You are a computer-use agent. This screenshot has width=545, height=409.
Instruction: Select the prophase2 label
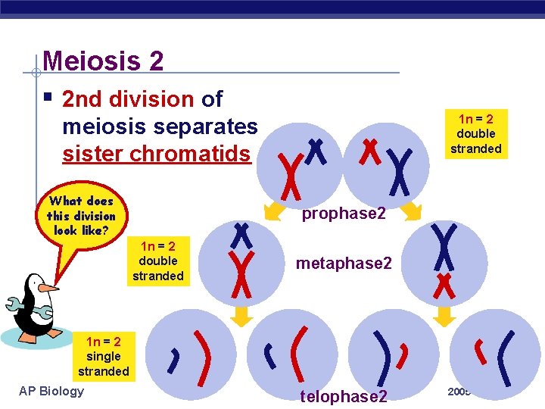pos(344,214)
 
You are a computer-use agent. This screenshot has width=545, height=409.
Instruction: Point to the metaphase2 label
pos(344,263)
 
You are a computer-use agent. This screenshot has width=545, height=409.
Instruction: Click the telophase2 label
pos(344,396)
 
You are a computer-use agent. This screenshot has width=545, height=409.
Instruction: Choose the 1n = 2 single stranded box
pos(103,356)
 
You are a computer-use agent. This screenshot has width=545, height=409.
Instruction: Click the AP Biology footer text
pos(51,391)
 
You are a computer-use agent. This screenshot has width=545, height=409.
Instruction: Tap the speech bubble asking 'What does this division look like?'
pos(80,215)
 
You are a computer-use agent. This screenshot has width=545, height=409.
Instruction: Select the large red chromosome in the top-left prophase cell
pos(288,173)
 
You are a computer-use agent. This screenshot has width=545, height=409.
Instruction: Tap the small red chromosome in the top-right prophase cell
pos(370,151)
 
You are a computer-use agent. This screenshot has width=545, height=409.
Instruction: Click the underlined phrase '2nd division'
pos(129,99)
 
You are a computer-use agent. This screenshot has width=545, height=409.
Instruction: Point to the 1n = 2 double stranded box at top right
pos(476,133)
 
